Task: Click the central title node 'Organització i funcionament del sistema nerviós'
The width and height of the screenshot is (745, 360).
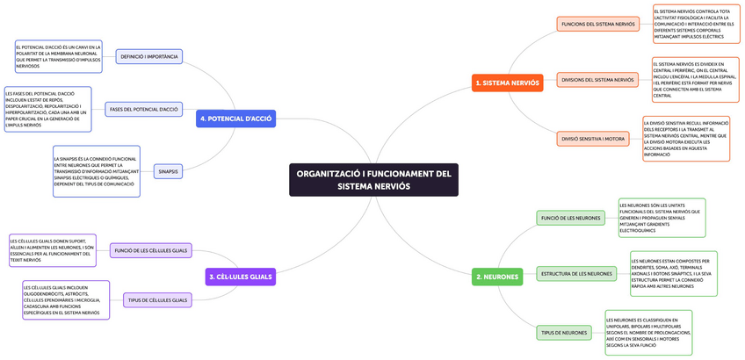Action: (373, 180)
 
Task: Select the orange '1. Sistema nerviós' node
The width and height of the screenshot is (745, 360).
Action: (507, 83)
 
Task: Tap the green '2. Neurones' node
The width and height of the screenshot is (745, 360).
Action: (496, 277)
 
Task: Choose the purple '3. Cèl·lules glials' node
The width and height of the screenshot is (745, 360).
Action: (239, 277)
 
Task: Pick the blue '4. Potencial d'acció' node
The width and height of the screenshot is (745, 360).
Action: (235, 118)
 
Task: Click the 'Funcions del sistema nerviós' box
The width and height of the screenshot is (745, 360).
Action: (597, 24)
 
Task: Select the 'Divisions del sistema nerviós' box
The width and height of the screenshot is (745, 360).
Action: (597, 80)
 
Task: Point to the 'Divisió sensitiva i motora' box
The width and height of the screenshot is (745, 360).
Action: (592, 138)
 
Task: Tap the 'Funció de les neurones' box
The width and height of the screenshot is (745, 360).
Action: (570, 217)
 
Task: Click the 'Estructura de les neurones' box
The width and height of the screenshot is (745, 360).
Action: (576, 273)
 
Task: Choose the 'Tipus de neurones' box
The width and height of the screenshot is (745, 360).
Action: (564, 333)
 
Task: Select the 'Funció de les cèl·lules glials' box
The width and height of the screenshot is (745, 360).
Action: (150, 250)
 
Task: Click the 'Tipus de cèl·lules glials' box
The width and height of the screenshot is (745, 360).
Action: (157, 299)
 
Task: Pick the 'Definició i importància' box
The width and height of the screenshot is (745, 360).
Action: (149, 55)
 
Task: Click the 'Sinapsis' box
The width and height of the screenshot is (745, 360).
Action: (168, 171)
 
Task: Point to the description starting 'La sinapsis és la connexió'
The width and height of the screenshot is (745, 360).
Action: (95, 171)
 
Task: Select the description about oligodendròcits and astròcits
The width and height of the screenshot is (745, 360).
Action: (66, 299)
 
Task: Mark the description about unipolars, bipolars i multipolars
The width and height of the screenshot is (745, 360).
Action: (648, 333)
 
